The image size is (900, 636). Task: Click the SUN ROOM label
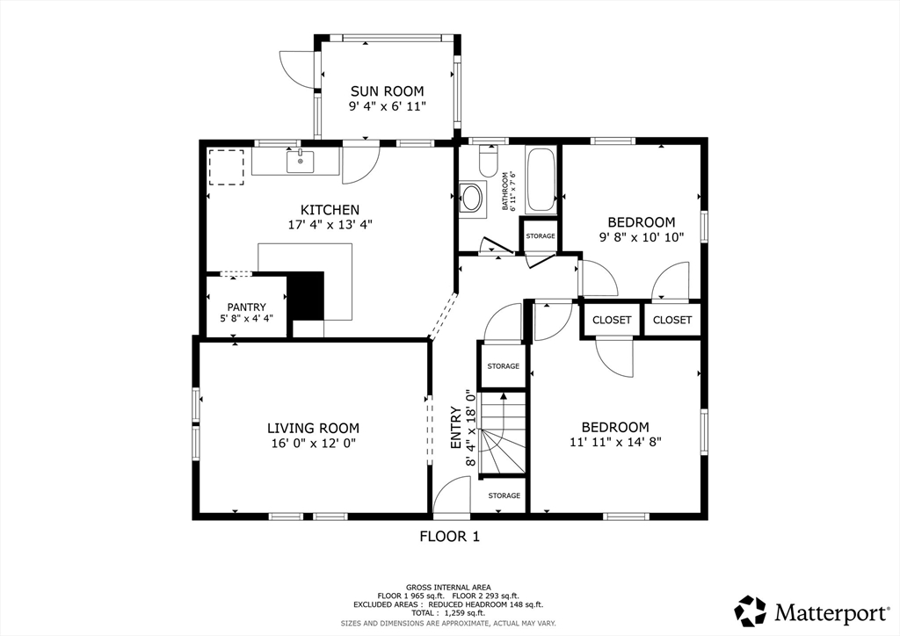pyautogui.click(x=388, y=91)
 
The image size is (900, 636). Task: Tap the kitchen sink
pyautogui.click(x=301, y=161)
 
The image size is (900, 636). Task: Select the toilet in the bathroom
pyautogui.click(x=489, y=161)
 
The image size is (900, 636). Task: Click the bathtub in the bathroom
pyautogui.click(x=541, y=180)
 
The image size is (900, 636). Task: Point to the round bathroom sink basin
pyautogui.click(x=474, y=199)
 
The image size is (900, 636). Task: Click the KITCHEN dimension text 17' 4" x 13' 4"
pyautogui.click(x=330, y=225)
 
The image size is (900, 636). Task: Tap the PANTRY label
pyautogui.click(x=247, y=307)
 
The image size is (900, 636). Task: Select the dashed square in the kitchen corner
pyautogui.click(x=226, y=168)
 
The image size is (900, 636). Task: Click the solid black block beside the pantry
pyautogui.click(x=306, y=296)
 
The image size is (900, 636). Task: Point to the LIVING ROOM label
pyautogui.click(x=314, y=428)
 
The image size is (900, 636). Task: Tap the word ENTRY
pyautogui.click(x=456, y=428)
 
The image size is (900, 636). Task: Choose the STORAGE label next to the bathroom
pyautogui.click(x=541, y=235)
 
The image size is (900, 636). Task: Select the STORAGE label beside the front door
pyautogui.click(x=504, y=495)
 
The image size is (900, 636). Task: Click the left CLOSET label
pyautogui.click(x=612, y=320)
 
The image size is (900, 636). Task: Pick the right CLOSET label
pyautogui.click(x=672, y=320)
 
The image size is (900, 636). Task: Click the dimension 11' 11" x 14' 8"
pyautogui.click(x=616, y=442)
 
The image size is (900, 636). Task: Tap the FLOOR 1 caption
pyautogui.click(x=450, y=537)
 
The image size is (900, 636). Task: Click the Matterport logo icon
pyautogui.click(x=751, y=611)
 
